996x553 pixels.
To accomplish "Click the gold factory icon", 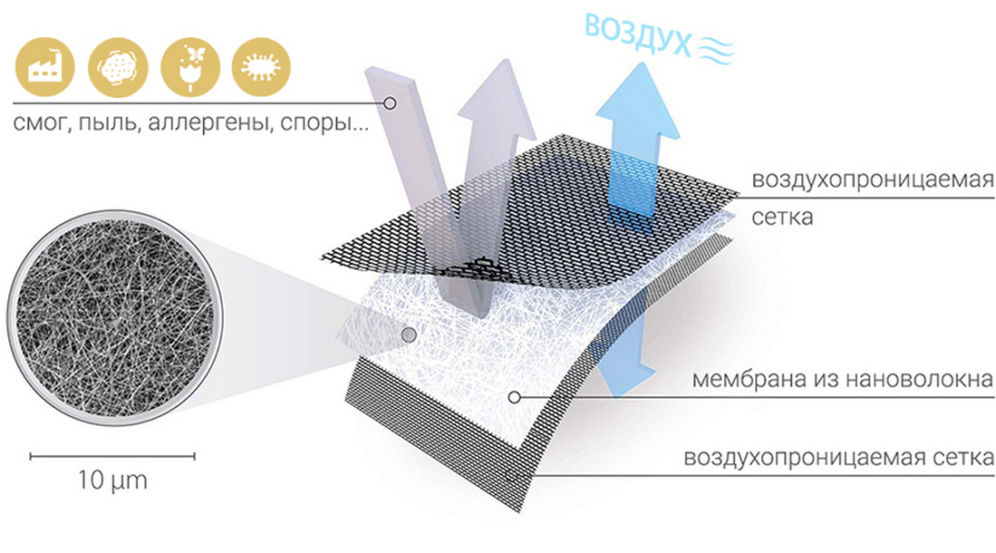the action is (44, 67).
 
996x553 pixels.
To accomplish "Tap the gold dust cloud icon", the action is (118, 67).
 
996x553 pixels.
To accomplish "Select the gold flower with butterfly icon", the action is (190, 67).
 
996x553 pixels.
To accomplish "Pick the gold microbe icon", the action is (261, 67).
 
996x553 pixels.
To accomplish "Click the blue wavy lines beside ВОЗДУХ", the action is (716, 49).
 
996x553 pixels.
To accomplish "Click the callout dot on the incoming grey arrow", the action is (390, 103).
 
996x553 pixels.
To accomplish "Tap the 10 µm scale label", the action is (112, 480).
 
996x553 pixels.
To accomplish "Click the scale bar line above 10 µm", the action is (112, 456).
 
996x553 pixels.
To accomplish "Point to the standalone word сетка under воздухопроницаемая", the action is (782, 218).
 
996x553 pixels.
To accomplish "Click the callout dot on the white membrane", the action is (515, 397).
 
